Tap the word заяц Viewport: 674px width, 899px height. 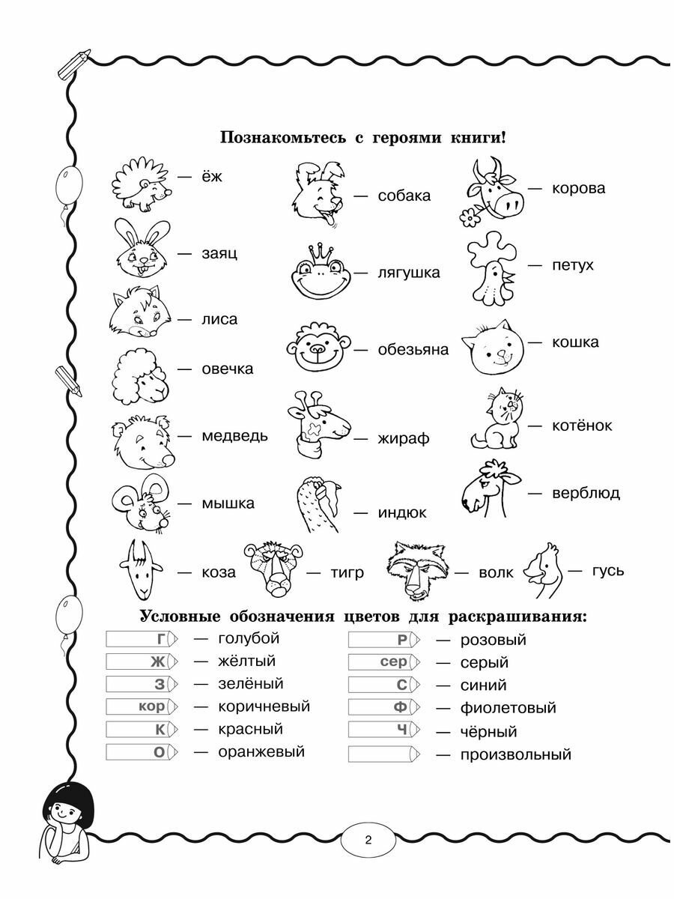tap(219, 253)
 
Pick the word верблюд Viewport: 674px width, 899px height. tap(586, 493)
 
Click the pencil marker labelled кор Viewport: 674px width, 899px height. tap(142, 706)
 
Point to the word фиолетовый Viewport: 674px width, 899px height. tap(508, 708)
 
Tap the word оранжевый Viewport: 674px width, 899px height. tap(261, 751)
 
